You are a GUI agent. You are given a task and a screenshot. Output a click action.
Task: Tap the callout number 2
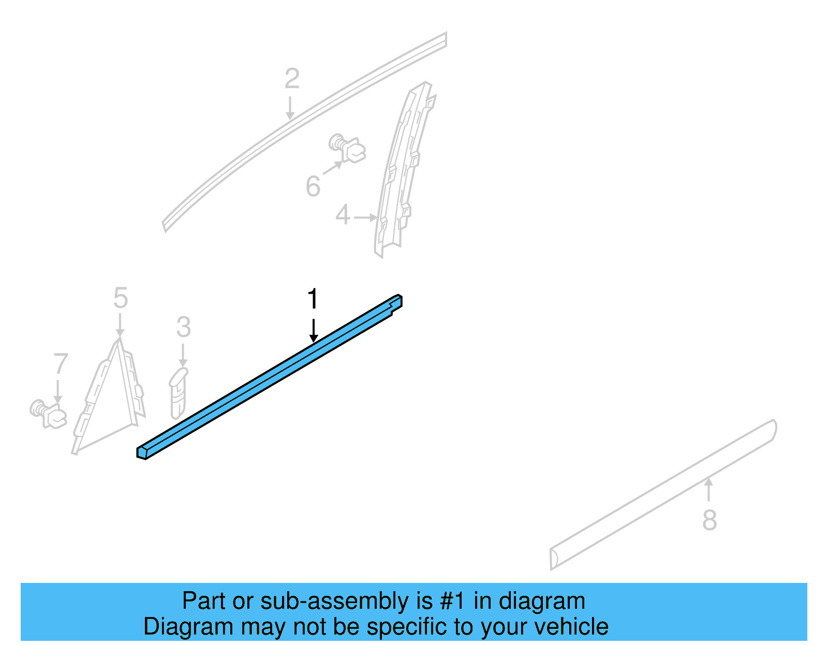tap(292, 79)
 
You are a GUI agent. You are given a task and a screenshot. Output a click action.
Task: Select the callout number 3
tap(184, 327)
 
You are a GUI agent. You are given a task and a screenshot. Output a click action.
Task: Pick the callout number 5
tap(121, 298)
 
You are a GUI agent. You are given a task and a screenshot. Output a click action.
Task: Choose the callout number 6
tap(313, 187)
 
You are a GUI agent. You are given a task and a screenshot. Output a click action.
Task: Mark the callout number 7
tap(61, 364)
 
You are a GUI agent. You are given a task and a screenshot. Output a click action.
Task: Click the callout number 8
tap(709, 520)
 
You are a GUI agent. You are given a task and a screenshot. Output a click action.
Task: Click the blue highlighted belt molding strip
tap(270, 377)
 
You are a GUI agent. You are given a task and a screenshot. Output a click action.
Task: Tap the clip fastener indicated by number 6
tap(347, 148)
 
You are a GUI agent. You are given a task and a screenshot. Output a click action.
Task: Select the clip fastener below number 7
tap(48, 414)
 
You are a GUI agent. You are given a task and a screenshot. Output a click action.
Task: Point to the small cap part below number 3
tap(179, 392)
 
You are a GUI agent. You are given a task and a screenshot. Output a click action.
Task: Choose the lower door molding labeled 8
tap(663, 495)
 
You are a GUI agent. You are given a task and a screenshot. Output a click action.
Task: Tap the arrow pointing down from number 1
tap(314, 330)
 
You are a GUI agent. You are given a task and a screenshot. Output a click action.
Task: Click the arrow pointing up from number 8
tap(708, 489)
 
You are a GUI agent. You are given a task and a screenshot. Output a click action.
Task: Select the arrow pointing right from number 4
tap(365, 217)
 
